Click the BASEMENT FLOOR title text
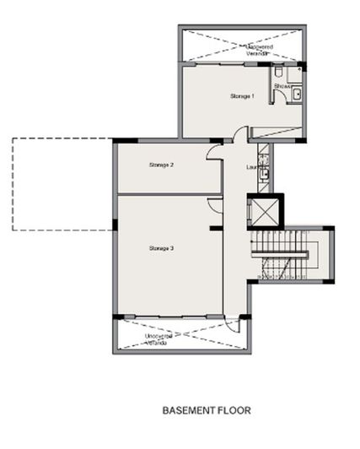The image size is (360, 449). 207,411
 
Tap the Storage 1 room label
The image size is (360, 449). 242,96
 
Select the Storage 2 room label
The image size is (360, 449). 161,165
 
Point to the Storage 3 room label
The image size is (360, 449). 161,248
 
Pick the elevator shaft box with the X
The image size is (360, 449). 265,210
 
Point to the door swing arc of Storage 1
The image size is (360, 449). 240,134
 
